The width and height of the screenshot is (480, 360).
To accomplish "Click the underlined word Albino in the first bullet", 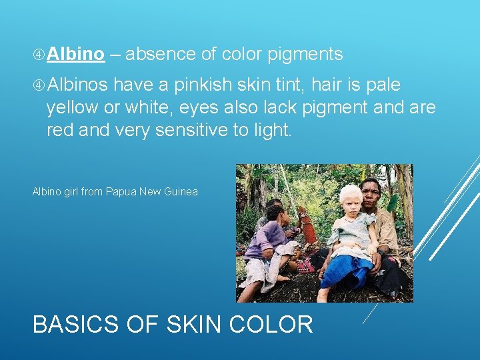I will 76,55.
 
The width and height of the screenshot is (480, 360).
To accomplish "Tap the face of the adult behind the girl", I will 370,192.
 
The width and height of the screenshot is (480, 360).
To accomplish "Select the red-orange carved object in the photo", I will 308,227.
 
